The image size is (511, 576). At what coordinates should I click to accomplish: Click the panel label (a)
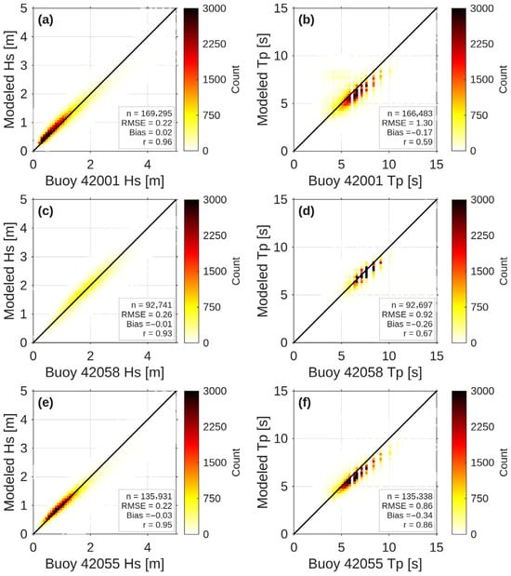[x=46, y=20]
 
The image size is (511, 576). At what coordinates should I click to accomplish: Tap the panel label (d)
[x=307, y=211]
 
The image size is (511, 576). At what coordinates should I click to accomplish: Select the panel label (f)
[x=305, y=403]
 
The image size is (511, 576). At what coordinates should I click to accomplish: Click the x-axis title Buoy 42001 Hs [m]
[x=105, y=181]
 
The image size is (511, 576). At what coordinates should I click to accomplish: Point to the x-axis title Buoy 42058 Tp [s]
[x=365, y=372]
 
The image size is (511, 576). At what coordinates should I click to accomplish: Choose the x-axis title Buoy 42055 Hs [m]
[x=105, y=564]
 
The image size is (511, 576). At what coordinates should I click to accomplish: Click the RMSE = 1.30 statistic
[x=407, y=123]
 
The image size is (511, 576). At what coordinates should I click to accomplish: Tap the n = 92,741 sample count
[x=151, y=305]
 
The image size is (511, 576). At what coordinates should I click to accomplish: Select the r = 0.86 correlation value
[x=418, y=525]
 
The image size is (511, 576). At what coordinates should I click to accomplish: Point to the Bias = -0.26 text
[x=410, y=324]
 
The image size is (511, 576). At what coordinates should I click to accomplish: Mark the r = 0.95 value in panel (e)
[x=157, y=525]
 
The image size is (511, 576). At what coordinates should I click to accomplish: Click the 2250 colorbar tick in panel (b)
[x=482, y=44]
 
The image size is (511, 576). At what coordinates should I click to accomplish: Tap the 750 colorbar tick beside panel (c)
[x=212, y=307]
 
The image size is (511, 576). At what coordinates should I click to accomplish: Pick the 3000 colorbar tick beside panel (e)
[x=215, y=391]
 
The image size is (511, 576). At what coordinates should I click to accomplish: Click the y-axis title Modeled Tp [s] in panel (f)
[x=263, y=462]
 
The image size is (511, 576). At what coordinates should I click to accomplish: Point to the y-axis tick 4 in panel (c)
[x=24, y=228]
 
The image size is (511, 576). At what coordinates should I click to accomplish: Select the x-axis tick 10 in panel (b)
[x=389, y=165]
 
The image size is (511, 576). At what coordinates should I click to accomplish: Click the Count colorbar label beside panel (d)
[x=504, y=271]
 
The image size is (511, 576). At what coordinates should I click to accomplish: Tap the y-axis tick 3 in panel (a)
[x=24, y=65]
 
